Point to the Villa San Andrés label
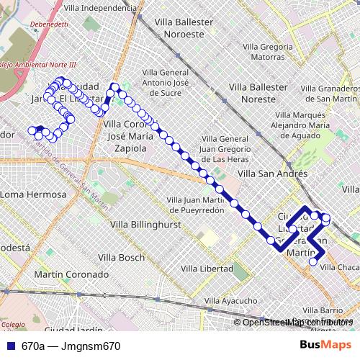click(x=272, y=174)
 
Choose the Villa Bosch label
click(x=122, y=257)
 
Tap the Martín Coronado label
click(x=71, y=274)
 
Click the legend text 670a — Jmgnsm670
click(x=71, y=346)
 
